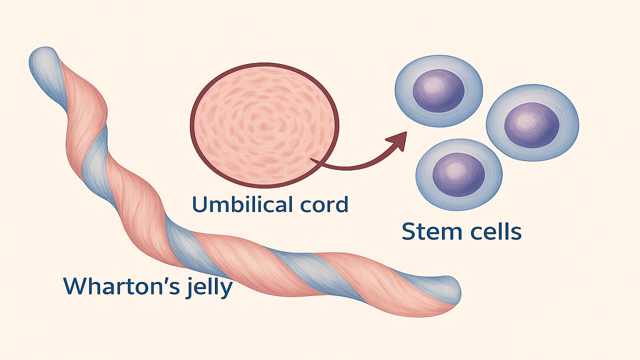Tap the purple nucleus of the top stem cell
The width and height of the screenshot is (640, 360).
[x=438, y=90]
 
